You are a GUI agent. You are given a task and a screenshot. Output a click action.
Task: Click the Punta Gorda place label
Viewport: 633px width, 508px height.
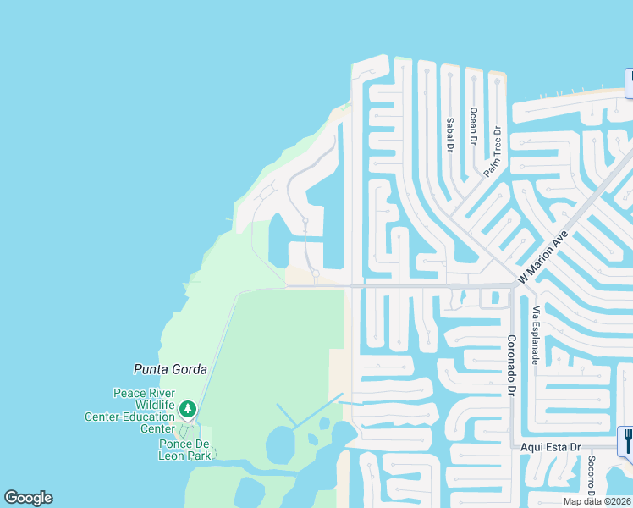[170, 369]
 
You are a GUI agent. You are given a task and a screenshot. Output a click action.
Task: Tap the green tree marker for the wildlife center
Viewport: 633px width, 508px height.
[188, 410]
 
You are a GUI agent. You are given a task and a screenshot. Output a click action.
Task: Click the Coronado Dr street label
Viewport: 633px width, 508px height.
[511, 365]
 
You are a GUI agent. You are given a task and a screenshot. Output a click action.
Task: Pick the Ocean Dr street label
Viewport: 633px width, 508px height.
[474, 126]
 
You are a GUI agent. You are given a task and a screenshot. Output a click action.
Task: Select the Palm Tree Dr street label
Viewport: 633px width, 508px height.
[493, 152]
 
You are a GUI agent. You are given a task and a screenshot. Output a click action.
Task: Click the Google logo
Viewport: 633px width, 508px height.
[28, 498]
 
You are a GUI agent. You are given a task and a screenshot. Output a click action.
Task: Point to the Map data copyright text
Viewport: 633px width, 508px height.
[597, 501]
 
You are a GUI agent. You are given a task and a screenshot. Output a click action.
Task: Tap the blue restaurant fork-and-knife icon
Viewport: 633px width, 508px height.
[627, 439]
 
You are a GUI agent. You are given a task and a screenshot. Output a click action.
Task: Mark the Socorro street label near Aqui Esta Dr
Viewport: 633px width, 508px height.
[591, 478]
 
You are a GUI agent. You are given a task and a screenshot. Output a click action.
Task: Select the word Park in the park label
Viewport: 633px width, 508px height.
[200, 455]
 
